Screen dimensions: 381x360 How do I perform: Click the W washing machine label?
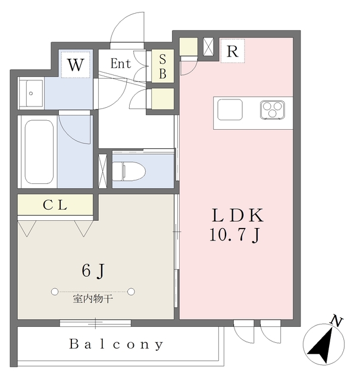76,64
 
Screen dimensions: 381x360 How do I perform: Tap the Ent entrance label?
121,63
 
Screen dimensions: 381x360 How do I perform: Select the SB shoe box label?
162,67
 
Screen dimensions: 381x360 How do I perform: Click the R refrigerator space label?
233,52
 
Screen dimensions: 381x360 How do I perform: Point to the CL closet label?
55,205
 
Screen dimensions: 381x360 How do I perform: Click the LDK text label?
234,216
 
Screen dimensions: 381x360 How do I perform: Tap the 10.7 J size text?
234,236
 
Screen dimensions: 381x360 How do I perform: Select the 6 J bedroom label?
93,271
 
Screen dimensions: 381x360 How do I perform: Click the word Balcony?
116,344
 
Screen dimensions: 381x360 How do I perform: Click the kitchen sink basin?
229,110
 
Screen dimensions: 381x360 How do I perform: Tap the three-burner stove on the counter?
272,110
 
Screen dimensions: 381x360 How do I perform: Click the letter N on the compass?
336,322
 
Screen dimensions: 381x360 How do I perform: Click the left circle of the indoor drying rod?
55,292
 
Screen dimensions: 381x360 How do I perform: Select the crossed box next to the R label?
209,48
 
